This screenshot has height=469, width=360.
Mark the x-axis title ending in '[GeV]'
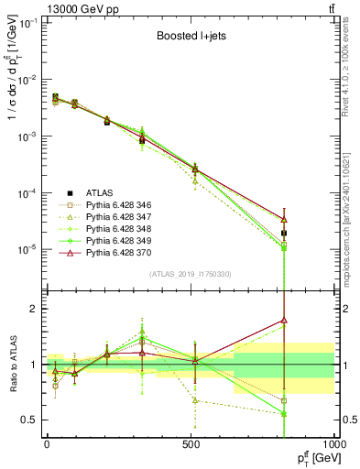point(312,457)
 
